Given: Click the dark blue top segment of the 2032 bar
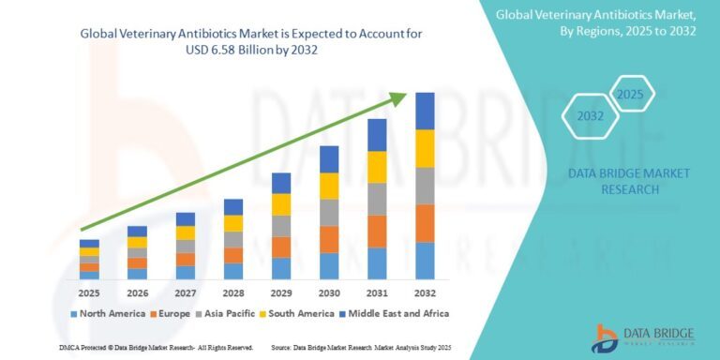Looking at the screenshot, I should [425, 111].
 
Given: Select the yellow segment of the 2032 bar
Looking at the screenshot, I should [425, 148].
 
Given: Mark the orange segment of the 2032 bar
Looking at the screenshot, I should [425, 223].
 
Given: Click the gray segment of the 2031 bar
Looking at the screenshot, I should [377, 199].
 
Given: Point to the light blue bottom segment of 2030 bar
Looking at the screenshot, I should [328, 266].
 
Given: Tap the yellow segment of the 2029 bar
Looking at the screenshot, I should [280, 204].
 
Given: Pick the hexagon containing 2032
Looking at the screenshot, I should [591, 118].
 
